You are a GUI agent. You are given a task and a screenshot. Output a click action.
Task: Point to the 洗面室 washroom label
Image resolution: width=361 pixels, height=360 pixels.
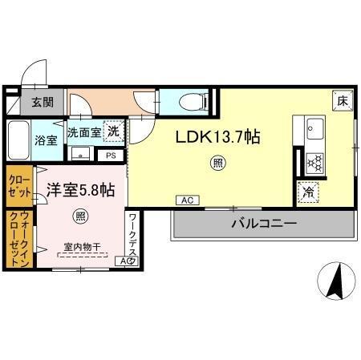point(83,132)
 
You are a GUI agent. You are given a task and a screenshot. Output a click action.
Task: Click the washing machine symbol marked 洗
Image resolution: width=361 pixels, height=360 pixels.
point(114,131)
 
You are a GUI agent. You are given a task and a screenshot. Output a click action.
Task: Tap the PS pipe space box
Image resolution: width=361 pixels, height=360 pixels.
point(111,156)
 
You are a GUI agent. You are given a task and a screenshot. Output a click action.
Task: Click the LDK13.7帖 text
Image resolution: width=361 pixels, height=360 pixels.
point(217,137)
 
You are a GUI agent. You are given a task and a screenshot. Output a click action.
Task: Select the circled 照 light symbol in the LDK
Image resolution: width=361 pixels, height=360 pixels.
point(217,164)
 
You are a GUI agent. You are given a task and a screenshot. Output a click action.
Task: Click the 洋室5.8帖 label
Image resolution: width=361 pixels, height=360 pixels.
point(79,191)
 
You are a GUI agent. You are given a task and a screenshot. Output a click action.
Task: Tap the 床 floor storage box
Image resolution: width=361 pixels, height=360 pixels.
point(342,100)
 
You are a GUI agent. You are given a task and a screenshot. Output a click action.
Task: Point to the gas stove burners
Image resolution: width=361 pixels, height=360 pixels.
point(314,163)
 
